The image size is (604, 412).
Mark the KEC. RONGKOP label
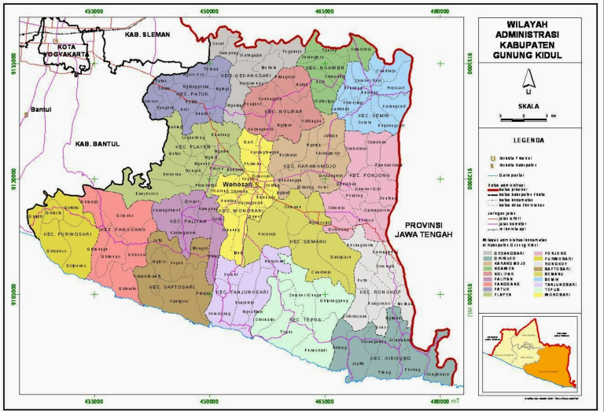tap(381, 292)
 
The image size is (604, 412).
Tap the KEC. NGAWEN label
tap(326, 68)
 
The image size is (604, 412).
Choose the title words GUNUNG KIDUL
tap(528, 55)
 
